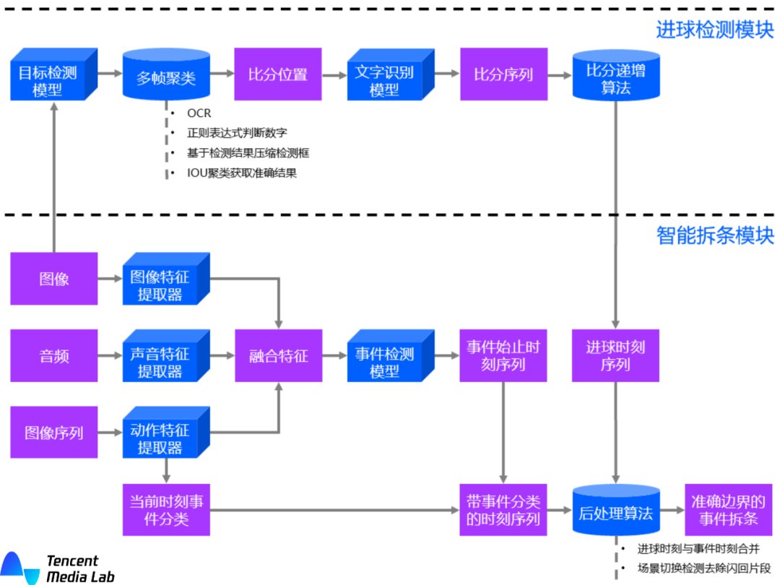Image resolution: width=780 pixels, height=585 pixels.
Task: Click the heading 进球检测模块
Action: [714, 30]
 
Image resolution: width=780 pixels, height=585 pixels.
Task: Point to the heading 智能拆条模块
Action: [714, 235]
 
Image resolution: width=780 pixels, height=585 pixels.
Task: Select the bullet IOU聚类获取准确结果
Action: [241, 173]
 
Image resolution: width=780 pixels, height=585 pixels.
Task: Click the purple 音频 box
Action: [54, 355]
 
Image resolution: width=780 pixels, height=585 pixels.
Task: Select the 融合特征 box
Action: [277, 355]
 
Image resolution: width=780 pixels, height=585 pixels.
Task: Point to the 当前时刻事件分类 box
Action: [166, 510]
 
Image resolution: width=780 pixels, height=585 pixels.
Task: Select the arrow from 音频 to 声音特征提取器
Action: [110, 355]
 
